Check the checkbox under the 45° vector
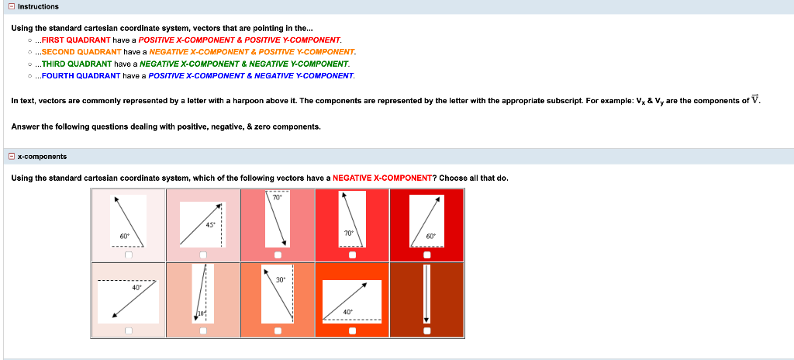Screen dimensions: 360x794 [203, 254]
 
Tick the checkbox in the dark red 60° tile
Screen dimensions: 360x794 [426, 254]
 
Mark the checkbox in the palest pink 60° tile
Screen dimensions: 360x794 [129, 254]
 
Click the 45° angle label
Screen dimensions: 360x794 [209, 225]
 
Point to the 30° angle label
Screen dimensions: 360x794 [280, 279]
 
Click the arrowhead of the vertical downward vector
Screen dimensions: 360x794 [426, 320]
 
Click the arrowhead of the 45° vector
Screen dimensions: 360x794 [219, 206]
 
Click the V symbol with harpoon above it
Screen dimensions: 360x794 [757, 100]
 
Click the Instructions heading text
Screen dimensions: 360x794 [38, 6]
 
